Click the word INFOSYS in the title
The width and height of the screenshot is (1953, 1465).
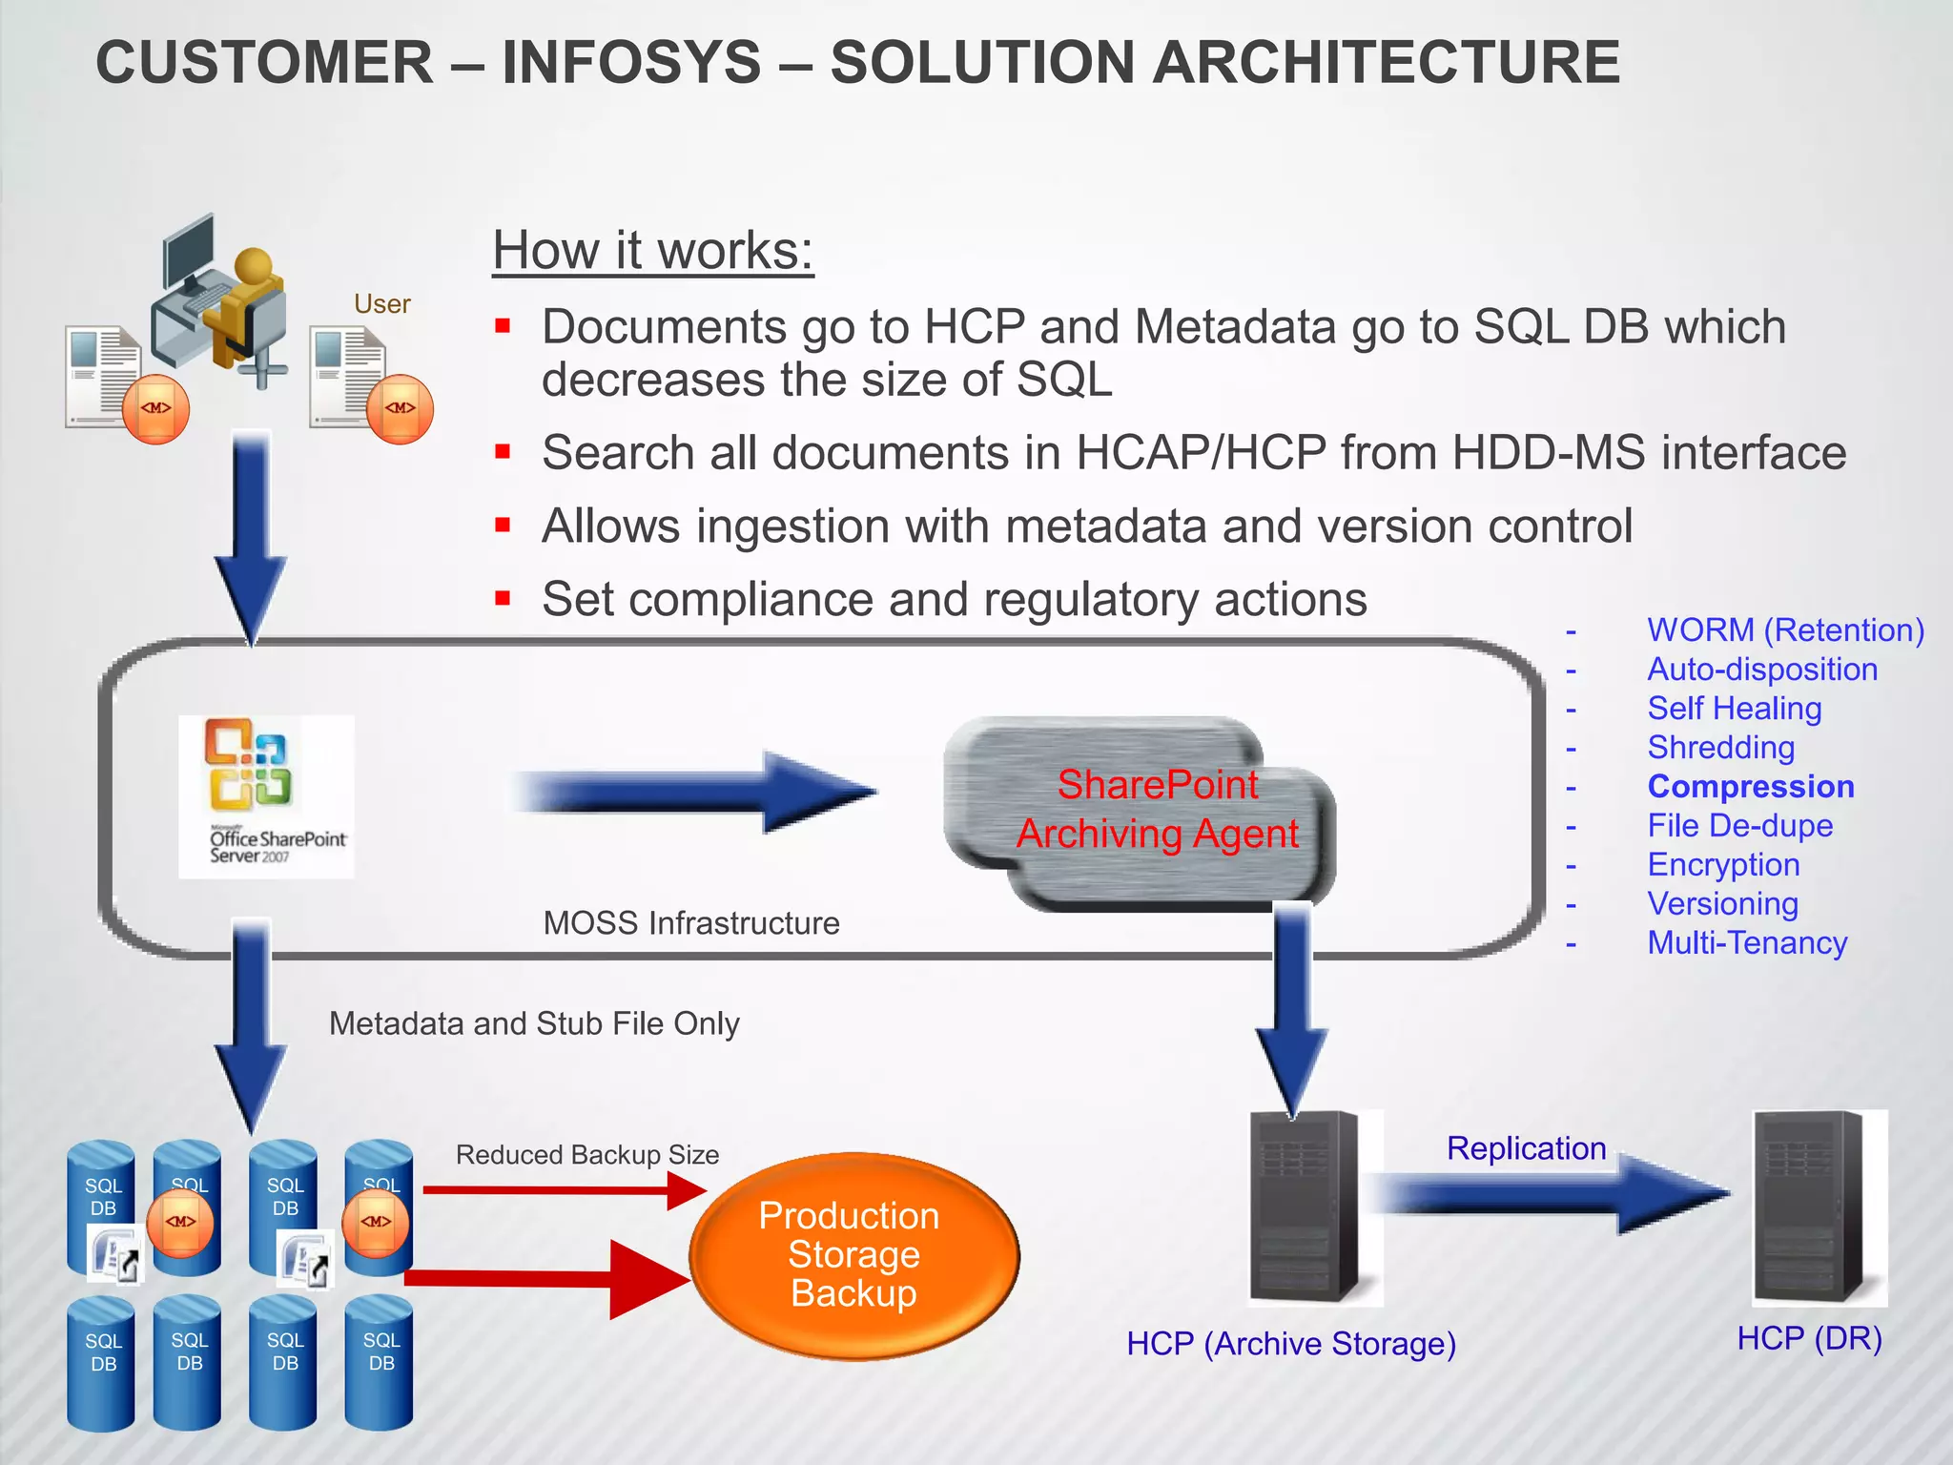[x=631, y=63]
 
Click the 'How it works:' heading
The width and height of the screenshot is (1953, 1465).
[x=653, y=251]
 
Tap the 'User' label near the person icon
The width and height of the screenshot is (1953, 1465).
[x=381, y=304]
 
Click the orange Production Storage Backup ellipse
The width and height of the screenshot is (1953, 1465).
[x=853, y=1254]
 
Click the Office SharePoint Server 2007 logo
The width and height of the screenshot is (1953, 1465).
[x=266, y=796]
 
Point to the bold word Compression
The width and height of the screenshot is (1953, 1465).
[x=1751, y=787]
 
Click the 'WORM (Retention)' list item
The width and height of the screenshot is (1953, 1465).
[x=1785, y=630]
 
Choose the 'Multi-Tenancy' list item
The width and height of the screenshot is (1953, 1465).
[x=1747, y=943]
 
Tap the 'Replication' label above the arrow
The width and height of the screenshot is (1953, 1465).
[x=1526, y=1148]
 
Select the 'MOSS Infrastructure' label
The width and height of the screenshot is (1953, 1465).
[x=691, y=923]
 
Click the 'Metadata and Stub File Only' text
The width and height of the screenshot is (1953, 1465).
[x=534, y=1023]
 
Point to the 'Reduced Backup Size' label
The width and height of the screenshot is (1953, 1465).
[x=587, y=1155]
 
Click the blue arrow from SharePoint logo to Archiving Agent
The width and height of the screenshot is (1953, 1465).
[x=696, y=793]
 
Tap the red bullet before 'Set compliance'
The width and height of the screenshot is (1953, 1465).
[x=504, y=600]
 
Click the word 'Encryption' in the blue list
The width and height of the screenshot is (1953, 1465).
[x=1723, y=865]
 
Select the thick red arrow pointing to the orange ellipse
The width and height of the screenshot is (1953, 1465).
[x=553, y=1279]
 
